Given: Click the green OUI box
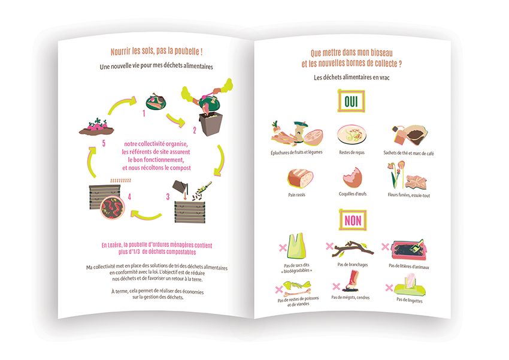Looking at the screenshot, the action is click(x=351, y=101).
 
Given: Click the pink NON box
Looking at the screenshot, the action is click(x=353, y=220).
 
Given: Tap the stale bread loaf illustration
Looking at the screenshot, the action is click(x=300, y=179).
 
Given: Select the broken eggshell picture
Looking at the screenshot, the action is click(x=352, y=177).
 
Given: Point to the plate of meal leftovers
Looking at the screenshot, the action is click(x=352, y=135).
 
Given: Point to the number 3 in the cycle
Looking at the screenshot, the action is click(x=168, y=196).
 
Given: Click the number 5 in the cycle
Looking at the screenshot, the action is click(x=104, y=143).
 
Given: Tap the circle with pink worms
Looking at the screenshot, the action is click(x=113, y=208).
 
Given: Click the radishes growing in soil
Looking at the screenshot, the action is click(x=96, y=127).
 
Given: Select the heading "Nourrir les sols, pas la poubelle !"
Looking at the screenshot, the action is click(x=156, y=52).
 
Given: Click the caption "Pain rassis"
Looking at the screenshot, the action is click(x=296, y=195).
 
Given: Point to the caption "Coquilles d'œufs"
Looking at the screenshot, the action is click(x=353, y=194).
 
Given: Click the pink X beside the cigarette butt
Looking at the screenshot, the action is click(x=337, y=286).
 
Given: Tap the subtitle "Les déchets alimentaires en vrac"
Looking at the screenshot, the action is click(x=352, y=77).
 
